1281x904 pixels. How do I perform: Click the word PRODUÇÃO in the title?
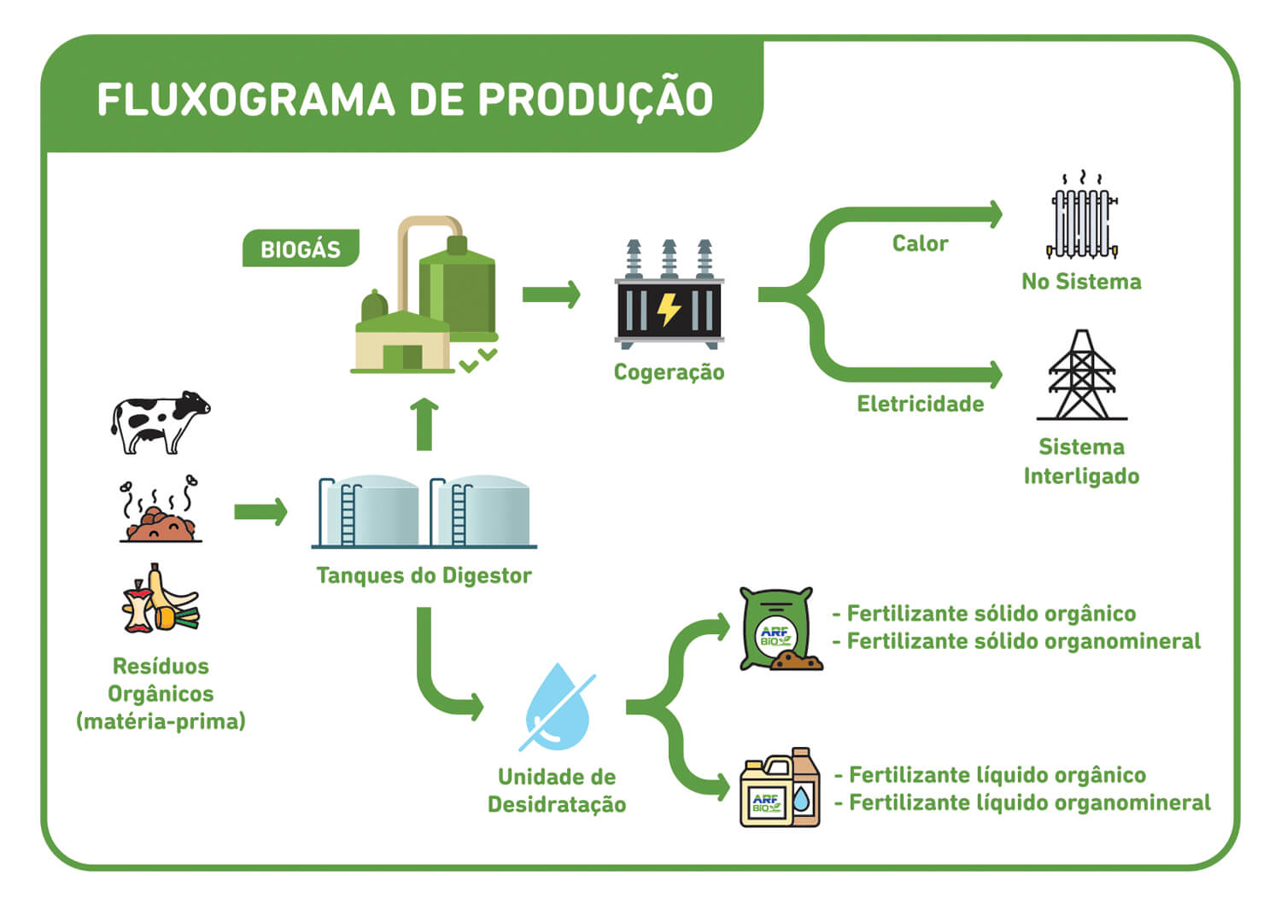pos(595,99)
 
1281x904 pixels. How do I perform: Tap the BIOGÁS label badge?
pos(301,248)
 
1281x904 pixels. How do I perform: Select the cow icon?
pos(161,423)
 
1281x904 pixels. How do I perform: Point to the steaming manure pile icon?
pos(161,508)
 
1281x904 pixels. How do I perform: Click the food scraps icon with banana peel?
pos(161,598)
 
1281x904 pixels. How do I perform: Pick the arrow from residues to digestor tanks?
pos(260,511)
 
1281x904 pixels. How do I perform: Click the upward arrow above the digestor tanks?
pos(424,423)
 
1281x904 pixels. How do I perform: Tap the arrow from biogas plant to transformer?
pos(552,295)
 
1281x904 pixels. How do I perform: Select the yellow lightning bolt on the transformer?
pos(669,309)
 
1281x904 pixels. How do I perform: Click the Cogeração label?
pos(669,372)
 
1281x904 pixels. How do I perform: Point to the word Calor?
pos(920,243)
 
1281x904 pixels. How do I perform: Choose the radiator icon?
pos(1082,216)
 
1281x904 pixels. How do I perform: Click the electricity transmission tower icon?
pos(1082,375)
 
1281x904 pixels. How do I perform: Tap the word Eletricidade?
pos(920,405)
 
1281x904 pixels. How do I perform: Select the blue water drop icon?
pos(558,707)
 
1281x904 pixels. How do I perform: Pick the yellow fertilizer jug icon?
pos(766,792)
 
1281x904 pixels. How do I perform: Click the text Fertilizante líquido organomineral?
pos(1030,802)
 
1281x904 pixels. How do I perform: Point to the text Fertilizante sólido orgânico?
pos(991,614)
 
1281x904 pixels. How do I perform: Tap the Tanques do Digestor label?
pos(424,575)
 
